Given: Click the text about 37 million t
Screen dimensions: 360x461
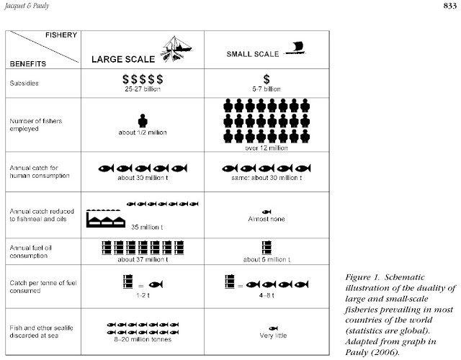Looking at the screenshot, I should tap(142, 258).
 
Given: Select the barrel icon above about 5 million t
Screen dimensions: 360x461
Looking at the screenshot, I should tap(267, 247).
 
